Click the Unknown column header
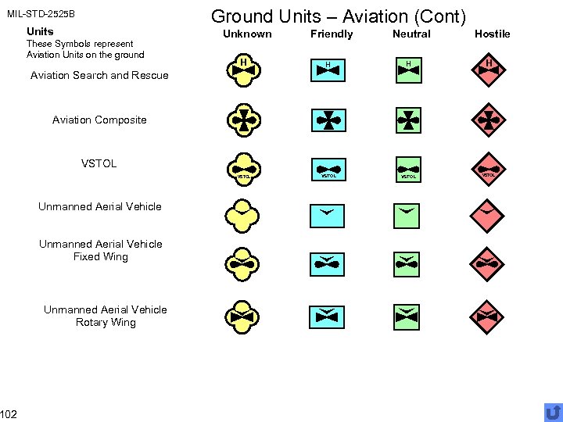point(247,34)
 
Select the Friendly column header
point(332,34)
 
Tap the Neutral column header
point(411,34)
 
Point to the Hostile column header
point(492,34)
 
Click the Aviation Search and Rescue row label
point(99,76)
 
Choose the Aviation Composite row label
point(99,120)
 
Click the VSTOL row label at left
point(99,163)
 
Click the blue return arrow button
point(553,412)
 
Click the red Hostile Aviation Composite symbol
point(489,120)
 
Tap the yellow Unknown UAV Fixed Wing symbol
point(244,264)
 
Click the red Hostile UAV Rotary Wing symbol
point(489,316)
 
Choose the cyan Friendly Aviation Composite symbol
point(327,120)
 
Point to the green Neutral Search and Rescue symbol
point(407,70)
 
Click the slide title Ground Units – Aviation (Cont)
point(339,16)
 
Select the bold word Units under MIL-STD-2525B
point(40,31)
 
